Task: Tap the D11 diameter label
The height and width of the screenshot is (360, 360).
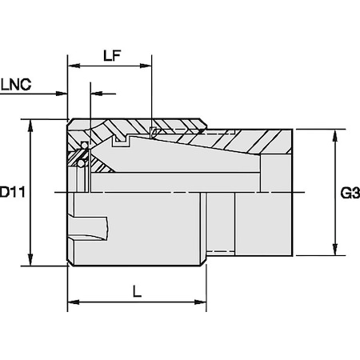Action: [10, 193]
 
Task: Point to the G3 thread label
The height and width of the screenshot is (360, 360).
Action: [349, 193]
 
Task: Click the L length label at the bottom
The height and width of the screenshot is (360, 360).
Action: [138, 292]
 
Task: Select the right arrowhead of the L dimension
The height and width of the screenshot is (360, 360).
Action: [206, 303]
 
